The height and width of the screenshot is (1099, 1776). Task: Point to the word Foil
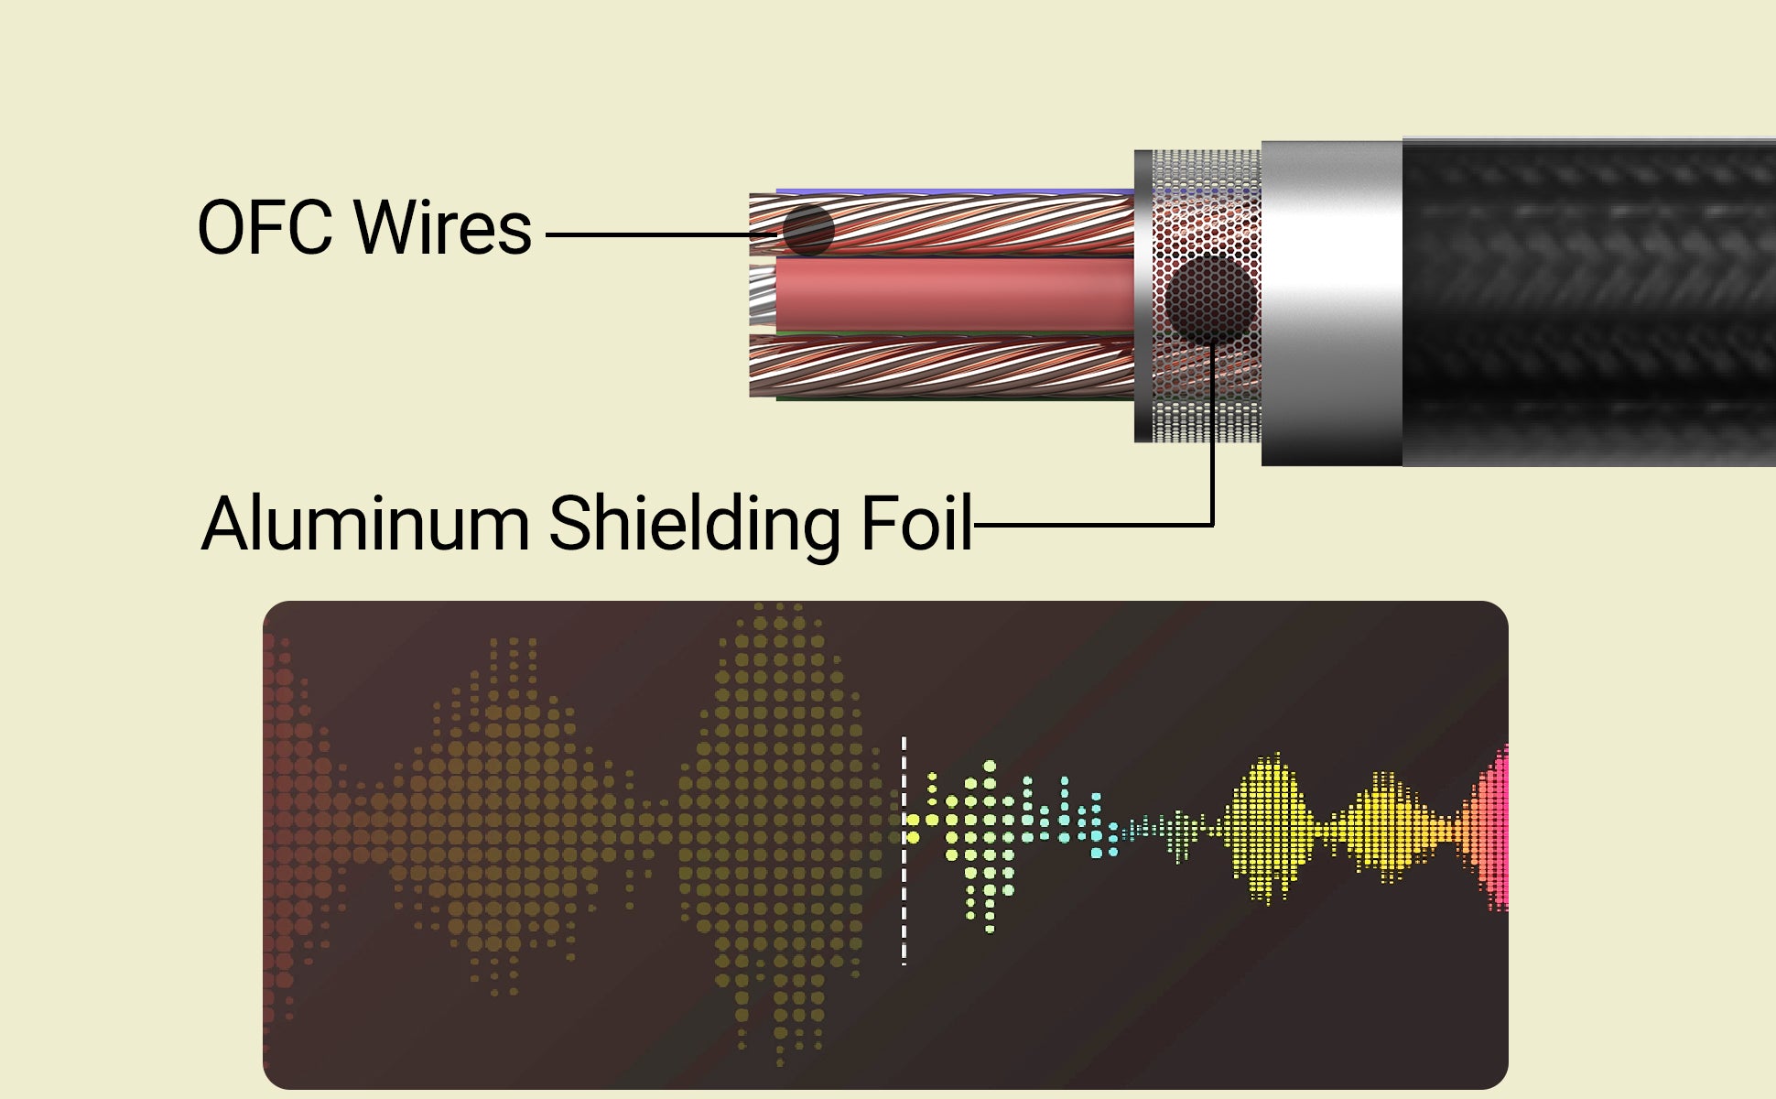click(916, 523)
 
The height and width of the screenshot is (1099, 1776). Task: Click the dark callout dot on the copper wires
click(808, 230)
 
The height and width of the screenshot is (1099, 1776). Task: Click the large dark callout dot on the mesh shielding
click(1210, 300)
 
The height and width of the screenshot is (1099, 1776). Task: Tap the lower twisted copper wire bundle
click(942, 366)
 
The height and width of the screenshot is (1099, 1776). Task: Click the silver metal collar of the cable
click(1332, 303)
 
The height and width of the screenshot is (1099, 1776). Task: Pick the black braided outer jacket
click(1589, 302)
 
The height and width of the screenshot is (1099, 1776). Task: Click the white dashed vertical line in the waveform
click(904, 850)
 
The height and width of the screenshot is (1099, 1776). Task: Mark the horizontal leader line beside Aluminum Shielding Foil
click(1094, 525)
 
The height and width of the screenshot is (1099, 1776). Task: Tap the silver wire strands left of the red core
click(763, 296)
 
